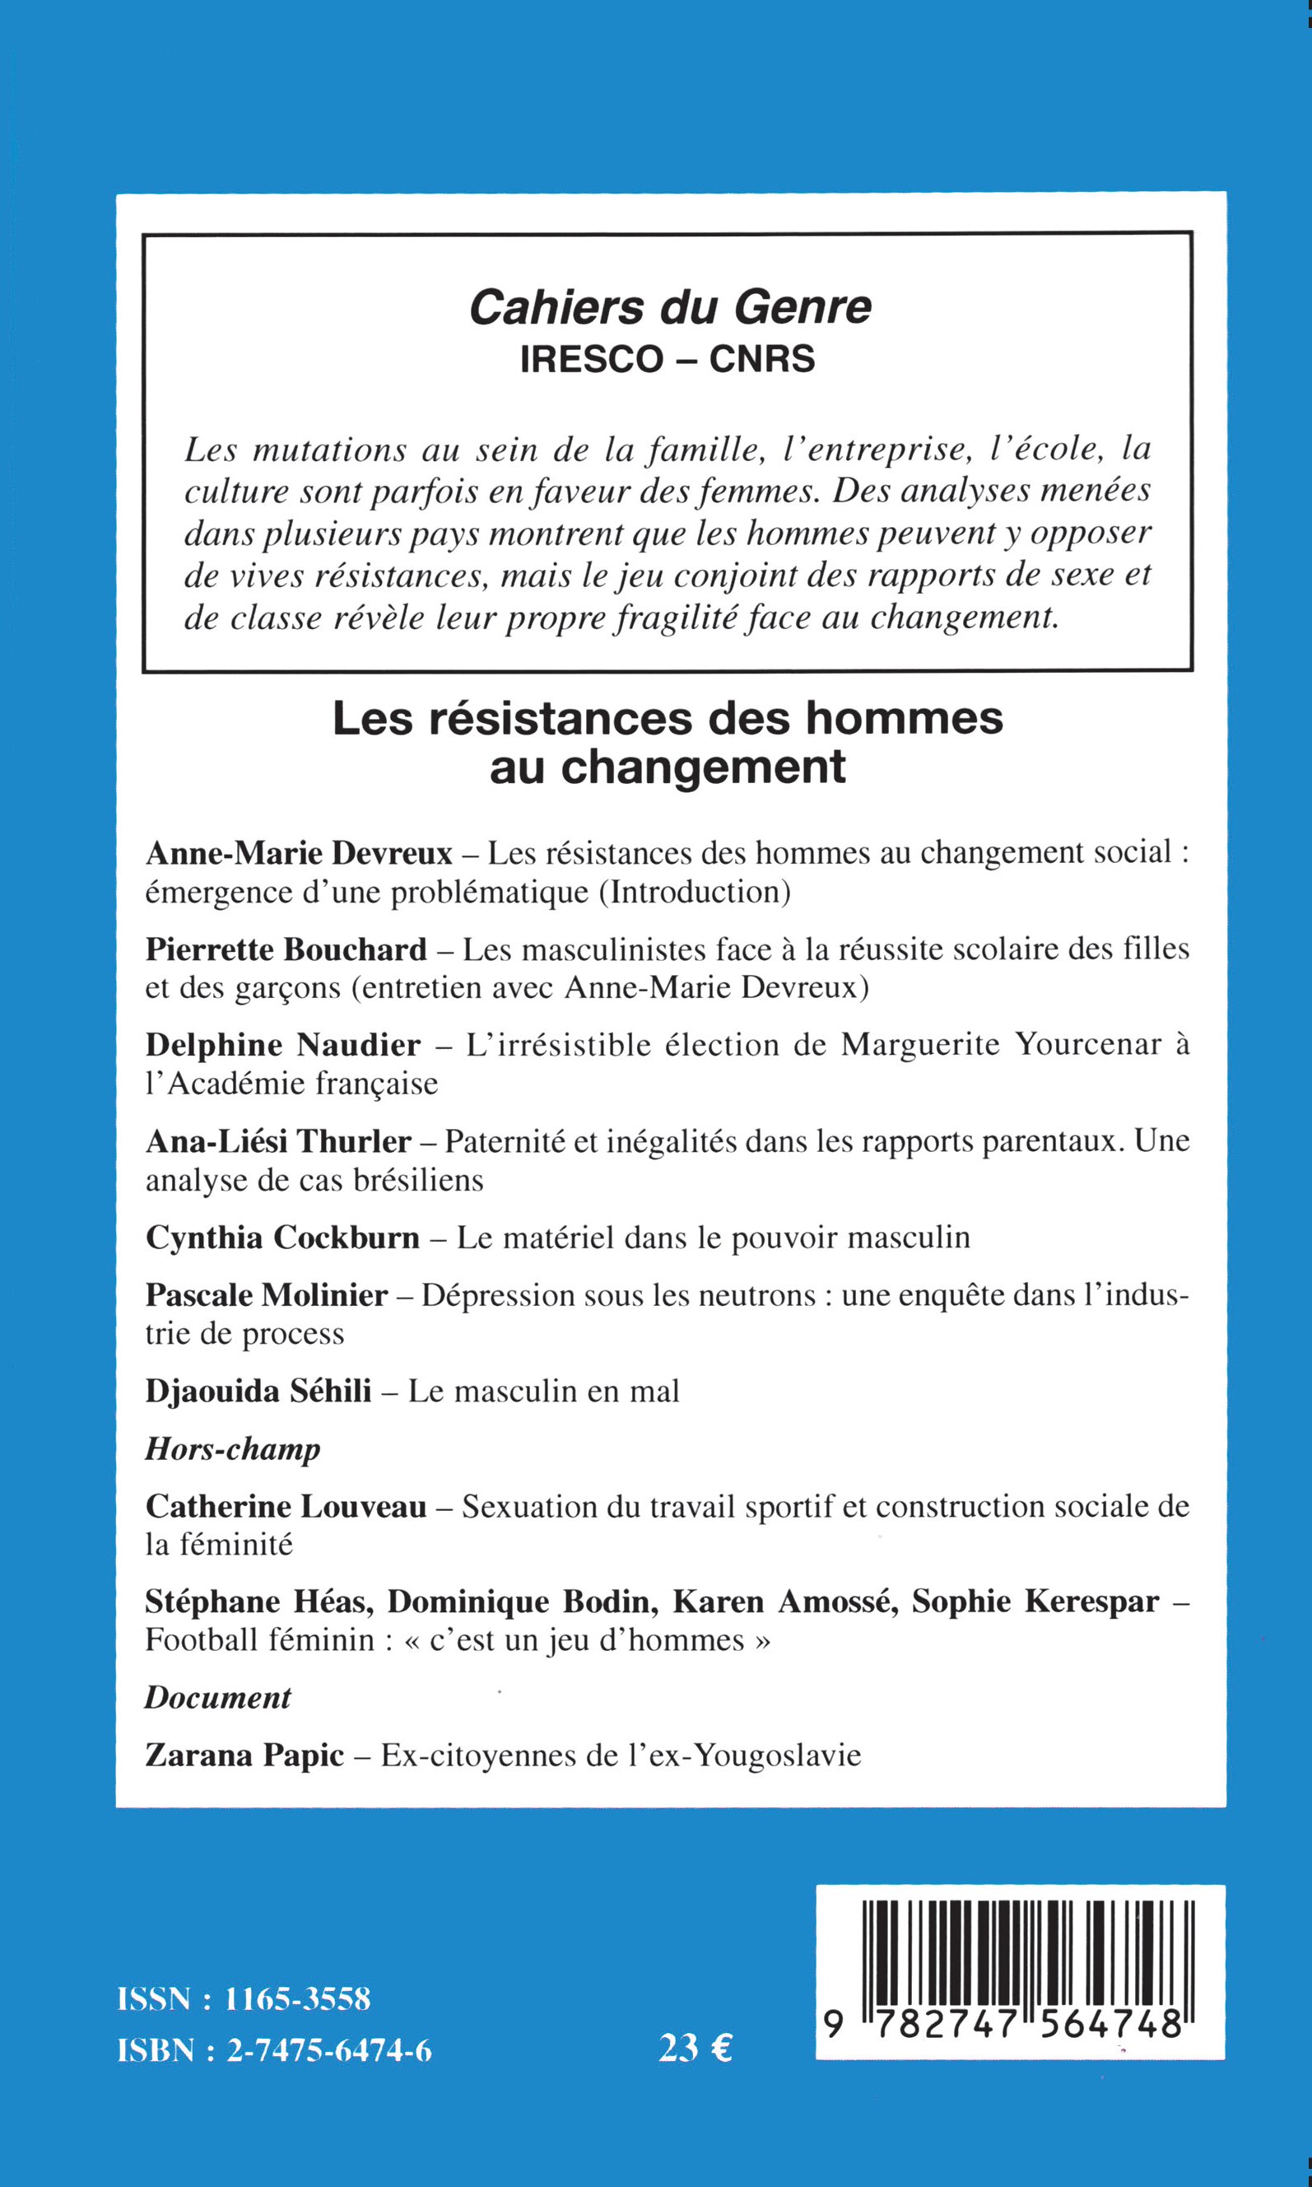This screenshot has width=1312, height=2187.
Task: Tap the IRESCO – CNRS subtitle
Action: [668, 360]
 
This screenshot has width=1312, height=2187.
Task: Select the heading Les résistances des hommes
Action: [668, 718]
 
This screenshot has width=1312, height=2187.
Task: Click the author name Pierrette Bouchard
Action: [286, 949]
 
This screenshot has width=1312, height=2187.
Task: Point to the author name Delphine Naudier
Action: [283, 1045]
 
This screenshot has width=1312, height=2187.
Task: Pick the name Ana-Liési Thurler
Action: [278, 1142]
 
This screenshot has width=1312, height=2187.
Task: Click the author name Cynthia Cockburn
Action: [283, 1238]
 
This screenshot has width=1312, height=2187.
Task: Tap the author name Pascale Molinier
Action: [267, 1295]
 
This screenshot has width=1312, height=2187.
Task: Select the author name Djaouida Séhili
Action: [258, 1391]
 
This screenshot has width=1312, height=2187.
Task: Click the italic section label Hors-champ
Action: [232, 1449]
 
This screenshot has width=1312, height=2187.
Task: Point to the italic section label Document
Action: [217, 1698]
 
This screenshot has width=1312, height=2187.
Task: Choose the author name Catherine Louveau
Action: [286, 1506]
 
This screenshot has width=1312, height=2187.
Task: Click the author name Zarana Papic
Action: [244, 1756]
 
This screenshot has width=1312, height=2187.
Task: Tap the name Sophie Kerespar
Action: [1035, 1602]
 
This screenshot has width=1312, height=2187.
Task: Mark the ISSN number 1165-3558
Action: [298, 1999]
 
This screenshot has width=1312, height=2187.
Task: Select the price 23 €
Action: [696, 2048]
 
